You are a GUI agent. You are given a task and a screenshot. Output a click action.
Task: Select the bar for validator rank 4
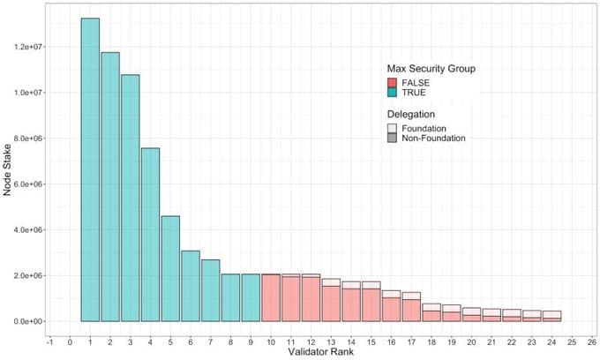(150, 235)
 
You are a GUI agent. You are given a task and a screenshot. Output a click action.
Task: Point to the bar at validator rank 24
(551, 317)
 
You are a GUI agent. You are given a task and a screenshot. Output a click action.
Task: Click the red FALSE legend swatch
(393, 82)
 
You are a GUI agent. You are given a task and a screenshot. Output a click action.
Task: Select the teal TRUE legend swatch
(393, 93)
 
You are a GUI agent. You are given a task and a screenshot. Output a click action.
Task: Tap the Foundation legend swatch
(393, 128)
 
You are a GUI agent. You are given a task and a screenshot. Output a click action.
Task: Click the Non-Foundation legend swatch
(393, 139)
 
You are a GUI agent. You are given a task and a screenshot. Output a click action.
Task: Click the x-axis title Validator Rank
(323, 353)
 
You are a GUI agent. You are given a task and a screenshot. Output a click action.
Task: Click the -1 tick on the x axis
(50, 340)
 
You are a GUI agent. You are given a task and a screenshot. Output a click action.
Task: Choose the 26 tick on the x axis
(591, 340)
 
